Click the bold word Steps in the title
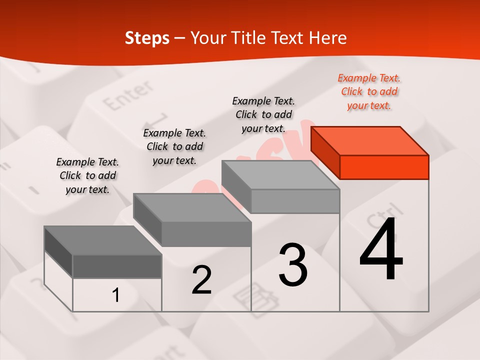tap(147, 38)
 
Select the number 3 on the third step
tap(293, 265)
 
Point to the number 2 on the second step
tap(201, 280)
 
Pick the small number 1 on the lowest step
tap(116, 295)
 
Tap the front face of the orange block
tap(384, 167)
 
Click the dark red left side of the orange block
tap(325, 152)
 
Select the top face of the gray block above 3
tap(280, 175)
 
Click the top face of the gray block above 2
tap(192, 207)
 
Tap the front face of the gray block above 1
tap(117, 266)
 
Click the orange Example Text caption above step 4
tap(369, 91)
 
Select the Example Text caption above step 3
tap(263, 114)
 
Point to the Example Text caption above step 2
tap(174, 146)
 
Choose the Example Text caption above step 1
tap(87, 175)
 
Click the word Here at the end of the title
tap(327, 38)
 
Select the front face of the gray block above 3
tap(295, 201)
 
